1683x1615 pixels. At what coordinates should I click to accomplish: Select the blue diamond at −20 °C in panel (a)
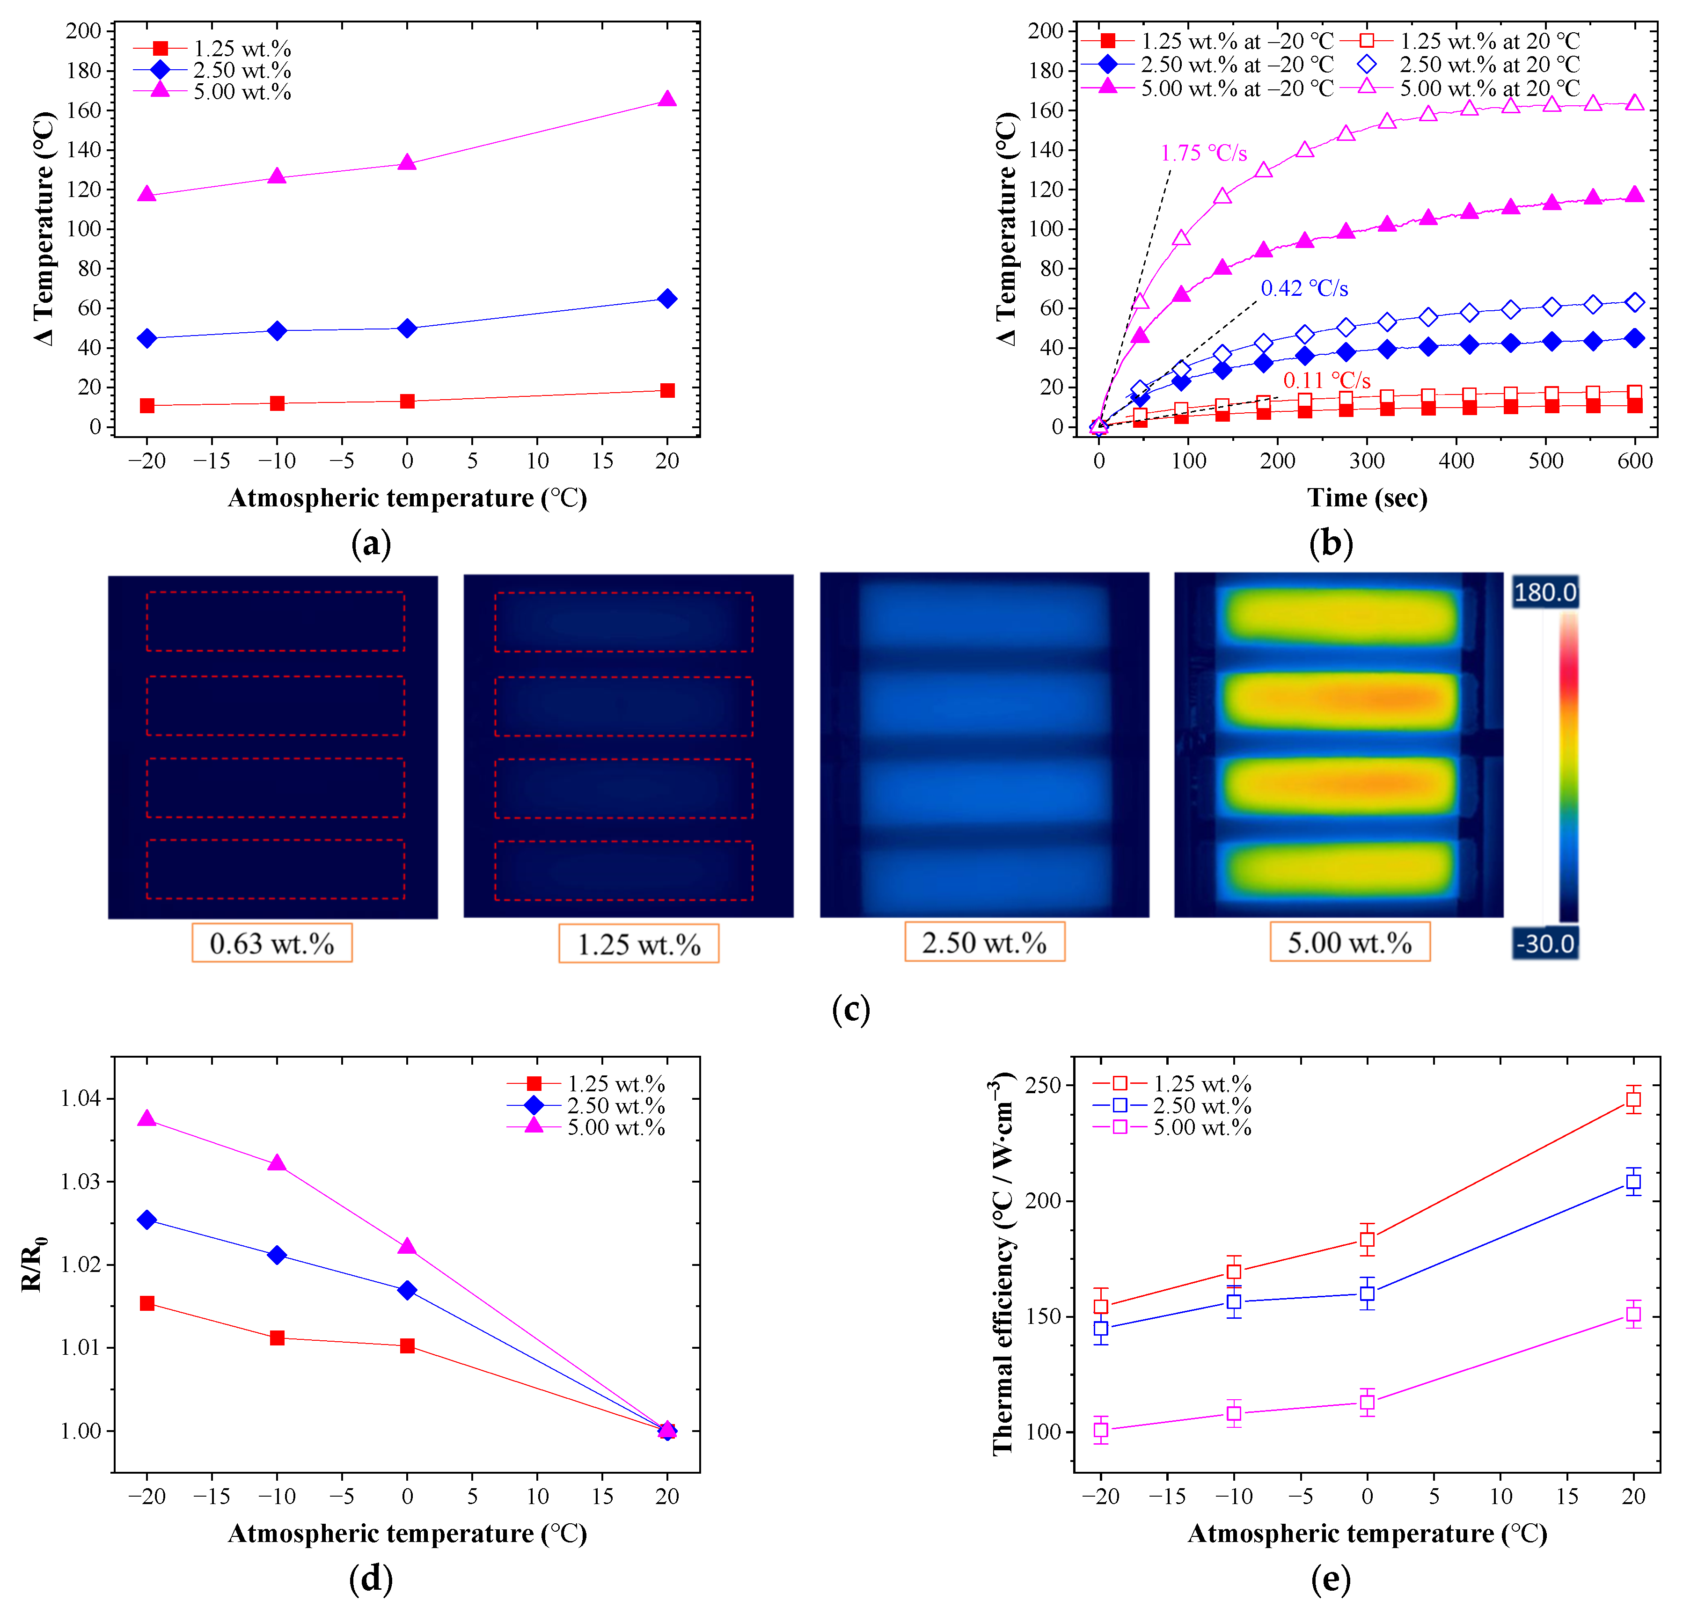[147, 338]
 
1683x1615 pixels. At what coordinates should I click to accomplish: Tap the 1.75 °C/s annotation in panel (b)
[1203, 153]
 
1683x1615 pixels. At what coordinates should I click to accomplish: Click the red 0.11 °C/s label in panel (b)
[1327, 380]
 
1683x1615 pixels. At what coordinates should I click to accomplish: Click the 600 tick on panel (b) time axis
[1634, 461]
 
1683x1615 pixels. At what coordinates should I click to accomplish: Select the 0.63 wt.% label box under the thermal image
[271, 943]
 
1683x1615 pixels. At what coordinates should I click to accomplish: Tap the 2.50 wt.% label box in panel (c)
[984, 943]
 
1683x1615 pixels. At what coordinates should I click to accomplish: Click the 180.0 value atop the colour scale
[1545, 592]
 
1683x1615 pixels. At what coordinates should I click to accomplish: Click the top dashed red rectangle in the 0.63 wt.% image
[275, 621]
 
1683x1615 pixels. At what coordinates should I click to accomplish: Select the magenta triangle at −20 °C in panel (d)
[147, 1119]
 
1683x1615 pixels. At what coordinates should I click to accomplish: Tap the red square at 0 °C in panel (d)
[407, 1345]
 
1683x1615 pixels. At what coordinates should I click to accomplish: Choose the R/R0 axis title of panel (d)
[33, 1264]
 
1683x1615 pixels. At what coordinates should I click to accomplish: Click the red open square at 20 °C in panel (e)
[1633, 1099]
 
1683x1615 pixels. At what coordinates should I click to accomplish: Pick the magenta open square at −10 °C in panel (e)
[1234, 1412]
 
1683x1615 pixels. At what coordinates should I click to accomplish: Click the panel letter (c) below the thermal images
[851, 1009]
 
